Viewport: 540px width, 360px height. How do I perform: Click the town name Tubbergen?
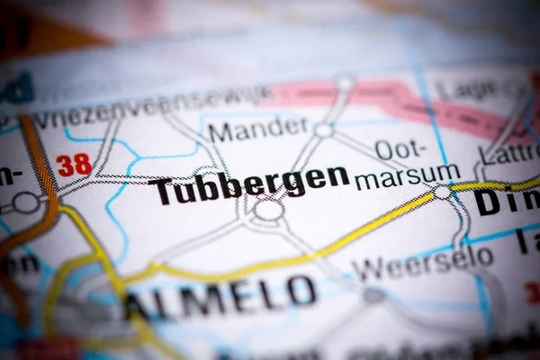point(249,184)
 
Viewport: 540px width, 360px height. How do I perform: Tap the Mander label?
point(257,130)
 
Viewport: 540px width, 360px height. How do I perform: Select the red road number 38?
point(74,165)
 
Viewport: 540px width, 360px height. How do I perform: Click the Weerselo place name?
point(423,263)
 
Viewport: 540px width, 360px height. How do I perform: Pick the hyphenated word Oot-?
point(397,149)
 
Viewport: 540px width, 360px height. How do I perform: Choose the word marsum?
point(407,176)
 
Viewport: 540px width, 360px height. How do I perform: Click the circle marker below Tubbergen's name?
point(268,210)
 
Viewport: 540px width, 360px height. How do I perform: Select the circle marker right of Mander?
point(324,130)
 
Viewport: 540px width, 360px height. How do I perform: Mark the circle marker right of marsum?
point(441,192)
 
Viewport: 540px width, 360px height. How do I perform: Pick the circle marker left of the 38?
point(25,202)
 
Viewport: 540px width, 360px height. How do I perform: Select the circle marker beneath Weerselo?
point(373,295)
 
